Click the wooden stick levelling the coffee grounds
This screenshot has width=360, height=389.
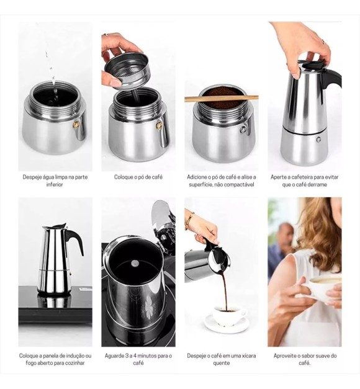(x=222, y=99)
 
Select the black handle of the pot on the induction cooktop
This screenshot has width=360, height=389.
(x=75, y=239)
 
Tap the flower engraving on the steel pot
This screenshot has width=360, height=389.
(x=149, y=305)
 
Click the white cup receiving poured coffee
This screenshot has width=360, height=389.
(x=229, y=315)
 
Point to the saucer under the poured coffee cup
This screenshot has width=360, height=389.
(x=227, y=324)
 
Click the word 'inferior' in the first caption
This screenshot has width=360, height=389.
(x=55, y=185)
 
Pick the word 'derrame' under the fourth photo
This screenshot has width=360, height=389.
(x=318, y=185)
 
